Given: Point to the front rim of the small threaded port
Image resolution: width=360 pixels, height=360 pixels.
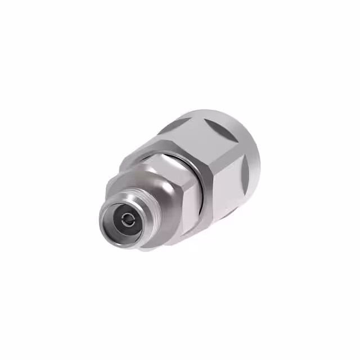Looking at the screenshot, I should (x=107, y=211).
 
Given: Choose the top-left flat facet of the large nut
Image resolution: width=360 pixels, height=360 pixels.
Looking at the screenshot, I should (x=191, y=135).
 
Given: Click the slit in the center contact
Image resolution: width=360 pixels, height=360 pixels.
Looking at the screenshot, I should (x=127, y=216).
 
